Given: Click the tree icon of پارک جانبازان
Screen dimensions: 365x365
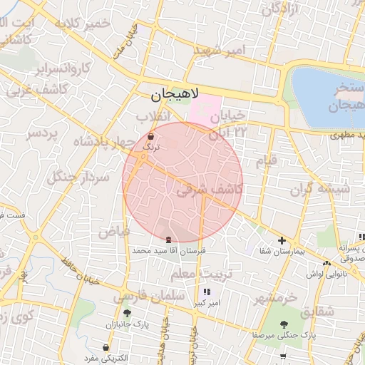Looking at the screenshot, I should [x=127, y=313].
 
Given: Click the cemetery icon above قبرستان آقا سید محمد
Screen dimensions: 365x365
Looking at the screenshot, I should [x=168, y=240].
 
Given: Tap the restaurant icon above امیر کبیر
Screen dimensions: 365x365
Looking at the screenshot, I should [x=207, y=292].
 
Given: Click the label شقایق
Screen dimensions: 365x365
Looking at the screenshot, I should [x=317, y=311].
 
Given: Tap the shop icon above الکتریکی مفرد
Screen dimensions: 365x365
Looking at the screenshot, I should [x=106, y=348].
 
